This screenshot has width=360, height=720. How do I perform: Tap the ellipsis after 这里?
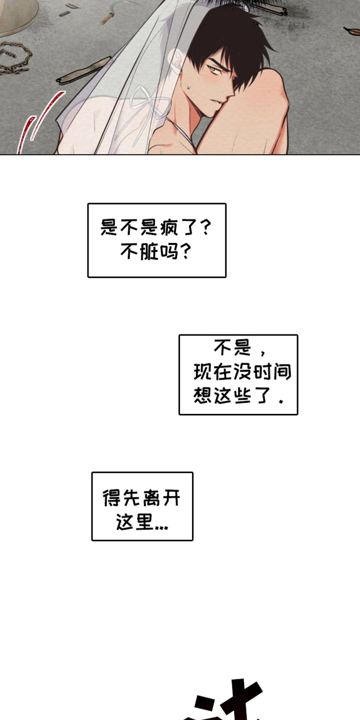coord(161,526)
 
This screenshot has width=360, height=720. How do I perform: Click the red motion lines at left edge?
coord(30,125)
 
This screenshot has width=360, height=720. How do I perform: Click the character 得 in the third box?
coord(111,498)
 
